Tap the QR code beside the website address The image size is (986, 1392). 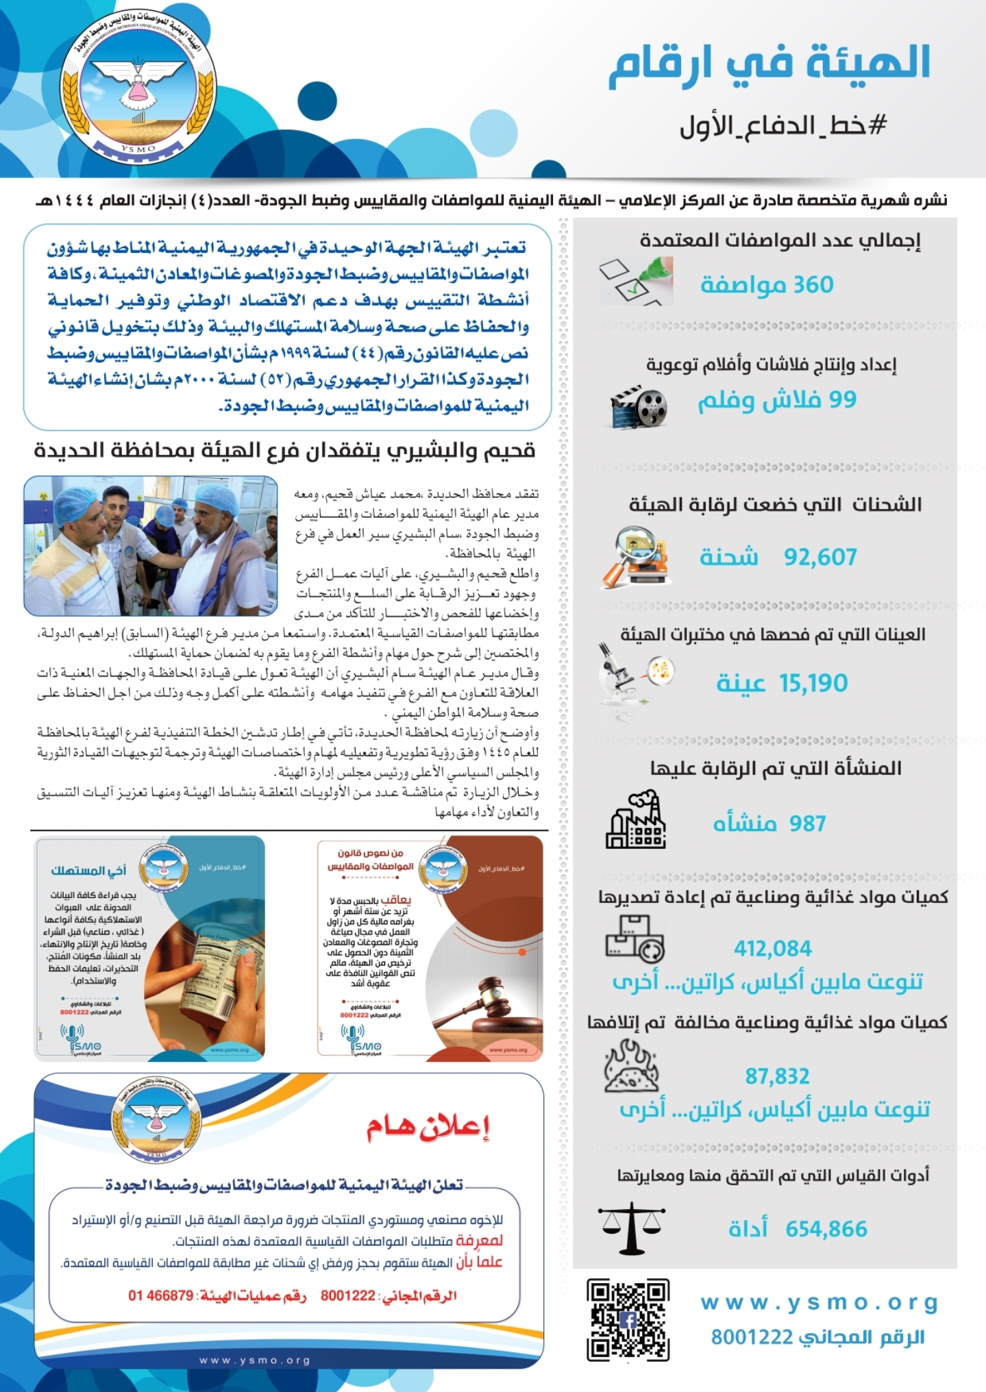click(628, 1320)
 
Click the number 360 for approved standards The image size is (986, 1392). click(814, 284)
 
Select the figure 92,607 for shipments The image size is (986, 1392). click(820, 557)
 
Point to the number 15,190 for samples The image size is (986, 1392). click(813, 683)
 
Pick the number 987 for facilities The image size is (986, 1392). click(807, 823)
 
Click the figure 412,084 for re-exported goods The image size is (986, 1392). click(773, 949)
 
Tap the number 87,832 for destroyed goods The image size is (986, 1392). click(777, 1076)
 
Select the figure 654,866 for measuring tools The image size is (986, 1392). click(826, 1229)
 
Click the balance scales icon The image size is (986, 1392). click(632, 1227)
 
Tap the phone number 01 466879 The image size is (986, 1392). click(161, 1295)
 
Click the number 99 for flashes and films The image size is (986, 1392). click(842, 399)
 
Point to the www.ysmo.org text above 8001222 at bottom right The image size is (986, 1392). click(819, 1303)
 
